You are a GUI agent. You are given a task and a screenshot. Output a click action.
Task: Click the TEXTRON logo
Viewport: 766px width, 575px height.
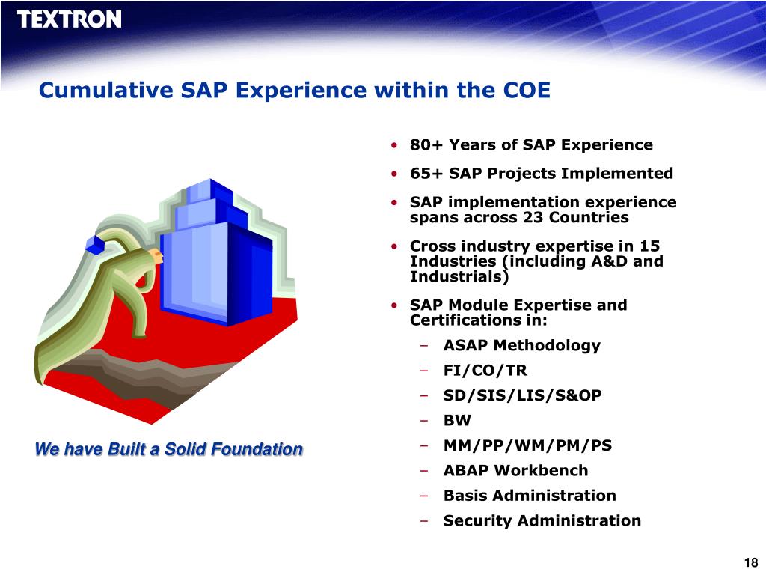tap(69, 19)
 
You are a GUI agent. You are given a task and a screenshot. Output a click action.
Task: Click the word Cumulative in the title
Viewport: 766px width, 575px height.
tap(105, 91)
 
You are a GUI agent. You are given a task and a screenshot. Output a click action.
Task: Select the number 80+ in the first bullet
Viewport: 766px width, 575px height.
tap(426, 144)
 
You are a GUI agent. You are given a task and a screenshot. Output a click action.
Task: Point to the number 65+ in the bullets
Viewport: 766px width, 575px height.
tap(426, 173)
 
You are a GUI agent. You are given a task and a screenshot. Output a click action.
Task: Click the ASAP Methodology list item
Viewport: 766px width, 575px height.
tap(521, 345)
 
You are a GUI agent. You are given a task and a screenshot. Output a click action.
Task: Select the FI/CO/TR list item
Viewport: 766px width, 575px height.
tap(485, 370)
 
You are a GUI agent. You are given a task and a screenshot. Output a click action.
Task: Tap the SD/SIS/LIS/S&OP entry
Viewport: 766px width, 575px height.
tap(522, 395)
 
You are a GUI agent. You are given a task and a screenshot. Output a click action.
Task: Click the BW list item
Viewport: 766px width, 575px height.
tap(457, 420)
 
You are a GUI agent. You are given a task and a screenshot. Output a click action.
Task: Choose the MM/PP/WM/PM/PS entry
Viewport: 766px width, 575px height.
tap(527, 445)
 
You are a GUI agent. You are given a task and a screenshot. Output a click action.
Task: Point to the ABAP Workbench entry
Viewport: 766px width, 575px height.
tap(516, 470)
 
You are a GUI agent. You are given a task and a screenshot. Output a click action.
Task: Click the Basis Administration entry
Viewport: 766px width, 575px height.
tap(530, 496)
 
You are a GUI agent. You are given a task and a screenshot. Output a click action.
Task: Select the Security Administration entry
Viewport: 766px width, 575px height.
tap(542, 521)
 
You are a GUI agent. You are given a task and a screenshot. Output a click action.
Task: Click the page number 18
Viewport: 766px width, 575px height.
tap(751, 563)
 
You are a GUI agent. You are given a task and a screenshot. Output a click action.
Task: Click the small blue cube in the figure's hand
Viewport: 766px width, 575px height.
tap(95, 245)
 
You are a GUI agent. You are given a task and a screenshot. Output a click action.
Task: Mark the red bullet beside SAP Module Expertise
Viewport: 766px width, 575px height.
tap(393, 305)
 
